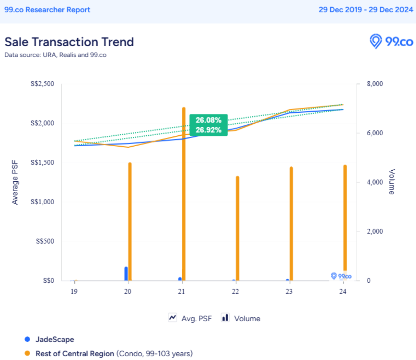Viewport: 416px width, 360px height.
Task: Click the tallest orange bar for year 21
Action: pos(184,193)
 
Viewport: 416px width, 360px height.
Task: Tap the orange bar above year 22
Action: pos(237,228)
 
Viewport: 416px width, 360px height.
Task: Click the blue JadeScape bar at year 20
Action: pos(126,274)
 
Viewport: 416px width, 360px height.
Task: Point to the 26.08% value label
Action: pos(208,120)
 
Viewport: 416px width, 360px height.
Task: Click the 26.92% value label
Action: pos(208,130)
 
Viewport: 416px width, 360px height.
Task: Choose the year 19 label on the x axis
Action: pos(74,291)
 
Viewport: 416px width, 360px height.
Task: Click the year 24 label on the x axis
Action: pos(342,291)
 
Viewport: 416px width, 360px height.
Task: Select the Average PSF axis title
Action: pos(15,182)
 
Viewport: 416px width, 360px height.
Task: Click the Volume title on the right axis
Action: pos(392,182)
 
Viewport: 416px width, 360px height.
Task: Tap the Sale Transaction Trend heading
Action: pos(69,42)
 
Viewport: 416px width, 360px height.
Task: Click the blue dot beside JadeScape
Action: pos(27,339)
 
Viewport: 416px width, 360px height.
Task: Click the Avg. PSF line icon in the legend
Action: pos(172,318)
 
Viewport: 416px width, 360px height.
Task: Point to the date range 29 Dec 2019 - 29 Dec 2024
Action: pos(366,10)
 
